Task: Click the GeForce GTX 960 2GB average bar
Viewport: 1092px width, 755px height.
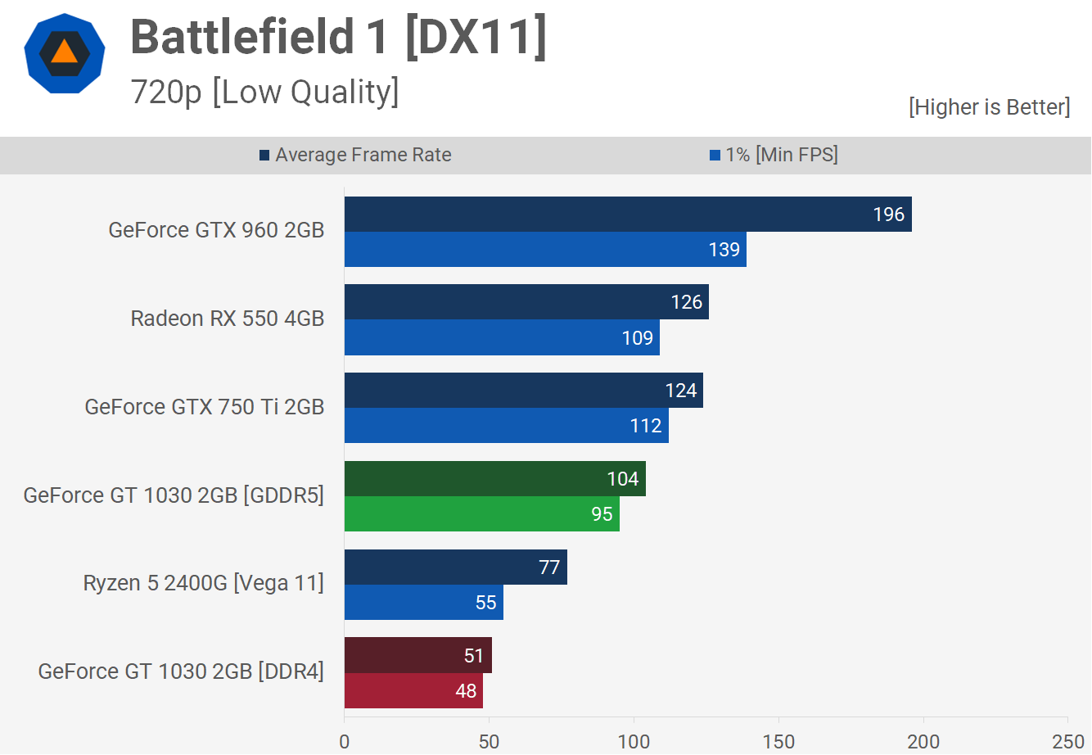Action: (x=628, y=215)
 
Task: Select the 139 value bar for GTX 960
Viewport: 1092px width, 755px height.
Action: (x=545, y=250)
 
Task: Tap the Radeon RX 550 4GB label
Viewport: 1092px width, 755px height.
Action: (x=228, y=319)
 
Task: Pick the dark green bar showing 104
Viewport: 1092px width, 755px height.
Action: (x=494, y=479)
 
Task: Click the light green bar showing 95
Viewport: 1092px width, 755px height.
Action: (x=481, y=514)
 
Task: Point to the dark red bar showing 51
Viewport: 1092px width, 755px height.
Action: (x=417, y=656)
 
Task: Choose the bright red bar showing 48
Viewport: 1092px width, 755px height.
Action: (x=413, y=691)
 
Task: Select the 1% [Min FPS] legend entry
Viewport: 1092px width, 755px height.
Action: (x=774, y=155)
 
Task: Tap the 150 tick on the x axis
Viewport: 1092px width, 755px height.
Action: (x=778, y=741)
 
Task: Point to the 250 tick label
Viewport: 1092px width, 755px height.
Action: (x=1067, y=741)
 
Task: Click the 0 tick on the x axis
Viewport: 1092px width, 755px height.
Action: (x=345, y=741)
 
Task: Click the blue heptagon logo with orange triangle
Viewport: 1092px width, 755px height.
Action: (x=64, y=53)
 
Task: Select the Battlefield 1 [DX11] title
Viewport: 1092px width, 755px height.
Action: (x=338, y=37)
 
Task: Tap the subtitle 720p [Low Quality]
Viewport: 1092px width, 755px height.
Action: (x=264, y=93)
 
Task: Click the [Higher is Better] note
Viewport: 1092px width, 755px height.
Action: (x=989, y=107)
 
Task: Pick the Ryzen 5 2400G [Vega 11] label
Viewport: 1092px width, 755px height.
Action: (x=204, y=583)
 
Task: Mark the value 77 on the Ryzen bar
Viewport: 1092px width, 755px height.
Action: (x=549, y=567)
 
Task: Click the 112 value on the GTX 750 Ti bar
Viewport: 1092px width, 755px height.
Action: (x=646, y=426)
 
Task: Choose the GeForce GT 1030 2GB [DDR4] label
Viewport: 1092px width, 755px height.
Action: (x=181, y=671)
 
